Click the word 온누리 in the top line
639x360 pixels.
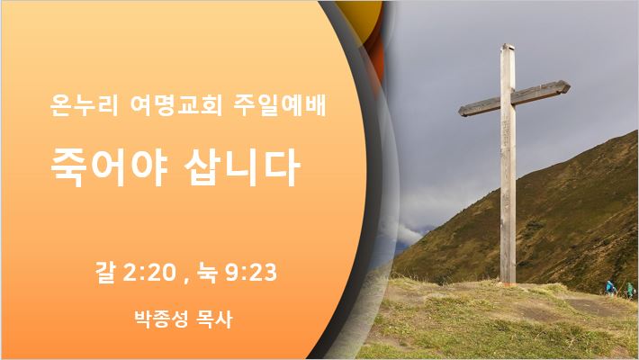pos(84,105)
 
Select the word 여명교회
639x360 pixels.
pos(176,105)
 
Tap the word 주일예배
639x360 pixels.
pos(281,105)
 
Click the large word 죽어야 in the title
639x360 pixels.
pos(109,167)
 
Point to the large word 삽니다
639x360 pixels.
pos(242,167)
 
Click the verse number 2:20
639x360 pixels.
pos(149,273)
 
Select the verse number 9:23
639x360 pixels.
pos(250,273)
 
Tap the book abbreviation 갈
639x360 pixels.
pos(105,273)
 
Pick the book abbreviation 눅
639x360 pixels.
pos(207,273)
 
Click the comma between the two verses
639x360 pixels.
pos(186,280)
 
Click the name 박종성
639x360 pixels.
pos(161,319)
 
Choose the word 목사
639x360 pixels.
pos(215,319)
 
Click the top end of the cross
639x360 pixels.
pos(508,45)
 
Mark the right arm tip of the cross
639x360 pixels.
pos(569,86)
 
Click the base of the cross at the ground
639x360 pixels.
pos(508,282)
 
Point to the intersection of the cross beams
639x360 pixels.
pos(508,100)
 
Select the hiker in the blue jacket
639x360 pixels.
pos(610,288)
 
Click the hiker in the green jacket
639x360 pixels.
pos(630,290)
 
